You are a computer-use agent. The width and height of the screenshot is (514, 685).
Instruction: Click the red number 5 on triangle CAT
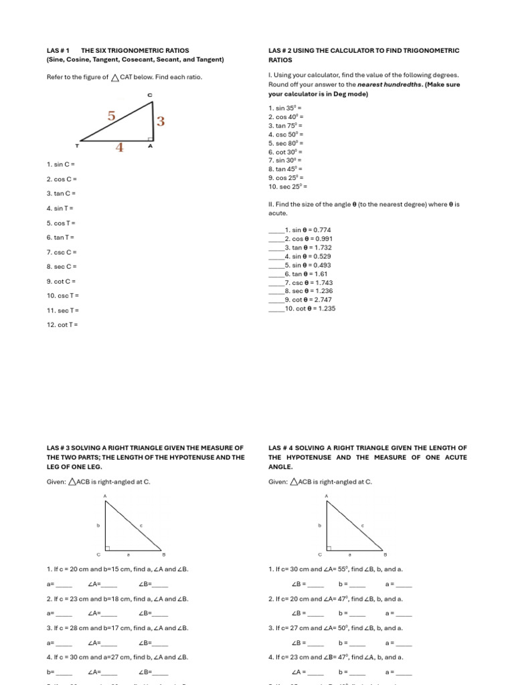[111, 116]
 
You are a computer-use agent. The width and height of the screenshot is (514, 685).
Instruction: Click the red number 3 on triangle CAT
[161, 122]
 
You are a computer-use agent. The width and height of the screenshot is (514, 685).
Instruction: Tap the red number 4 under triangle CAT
[120, 147]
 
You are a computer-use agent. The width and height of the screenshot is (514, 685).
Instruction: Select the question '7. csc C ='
[62, 252]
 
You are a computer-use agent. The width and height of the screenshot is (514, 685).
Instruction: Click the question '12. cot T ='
[62, 325]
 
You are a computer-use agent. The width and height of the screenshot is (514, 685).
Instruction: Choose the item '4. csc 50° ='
[286, 134]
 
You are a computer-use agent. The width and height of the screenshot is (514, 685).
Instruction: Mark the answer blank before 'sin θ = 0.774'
[276, 230]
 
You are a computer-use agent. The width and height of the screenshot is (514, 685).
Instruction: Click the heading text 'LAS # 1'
[58, 51]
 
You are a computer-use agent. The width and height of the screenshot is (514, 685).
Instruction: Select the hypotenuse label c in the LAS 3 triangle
[141, 526]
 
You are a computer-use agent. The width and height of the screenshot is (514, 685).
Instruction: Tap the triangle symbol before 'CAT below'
[115, 78]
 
